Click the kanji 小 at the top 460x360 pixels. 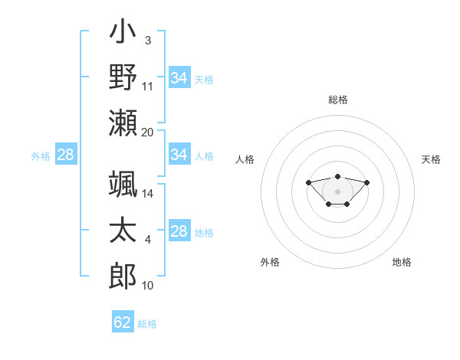pyautogui.click(x=123, y=34)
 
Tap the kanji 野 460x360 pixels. pyautogui.click(x=123, y=78)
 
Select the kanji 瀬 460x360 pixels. pyautogui.click(x=123, y=123)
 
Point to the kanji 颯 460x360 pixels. pyautogui.click(x=123, y=186)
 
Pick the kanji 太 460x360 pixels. pyautogui.click(x=123, y=231)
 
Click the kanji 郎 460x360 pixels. pyautogui.click(x=123, y=275)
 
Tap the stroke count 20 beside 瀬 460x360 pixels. pyautogui.click(x=148, y=132)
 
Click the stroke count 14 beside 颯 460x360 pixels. pyautogui.click(x=148, y=195)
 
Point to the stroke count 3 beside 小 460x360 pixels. pyautogui.click(x=147, y=40)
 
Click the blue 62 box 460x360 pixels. pyautogui.click(x=123, y=322)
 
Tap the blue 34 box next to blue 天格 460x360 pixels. pyautogui.click(x=179, y=78)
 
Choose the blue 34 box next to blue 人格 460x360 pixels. pyautogui.click(x=179, y=155)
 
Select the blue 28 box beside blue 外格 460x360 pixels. pyautogui.click(x=66, y=155)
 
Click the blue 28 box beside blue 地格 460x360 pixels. pyautogui.click(x=179, y=231)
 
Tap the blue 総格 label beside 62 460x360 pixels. pyautogui.click(x=147, y=324)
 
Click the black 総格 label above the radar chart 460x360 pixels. pyautogui.click(x=337, y=100)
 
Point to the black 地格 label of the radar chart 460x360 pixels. pyautogui.click(x=402, y=262)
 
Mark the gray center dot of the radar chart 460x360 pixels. pyautogui.click(x=337, y=191)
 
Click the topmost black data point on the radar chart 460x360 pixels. pyautogui.click(x=337, y=176)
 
